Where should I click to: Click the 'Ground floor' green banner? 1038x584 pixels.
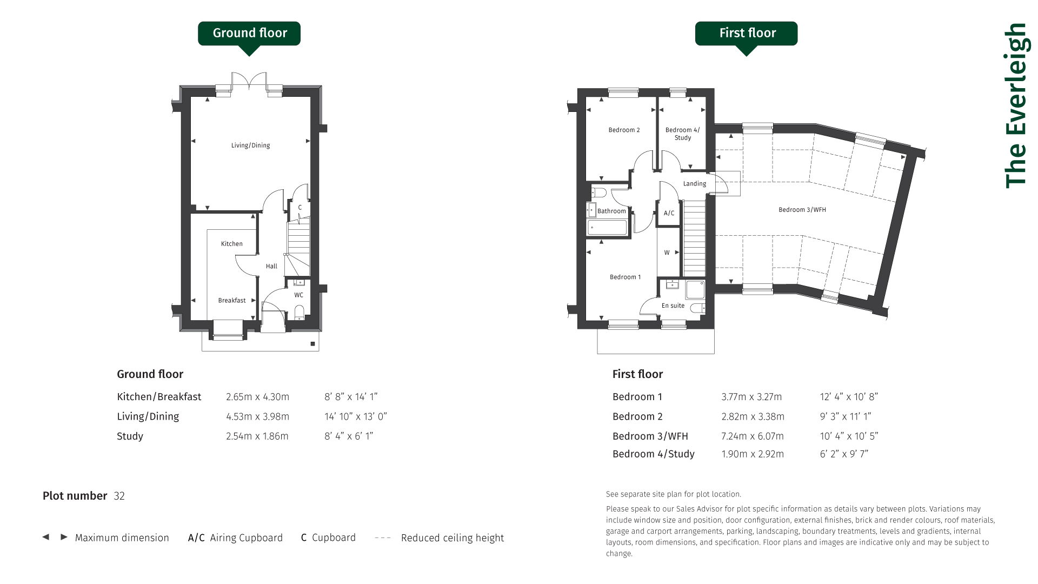tap(249, 34)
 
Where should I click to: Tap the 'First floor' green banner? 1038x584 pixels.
tap(746, 34)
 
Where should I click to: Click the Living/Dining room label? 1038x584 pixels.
tap(250, 145)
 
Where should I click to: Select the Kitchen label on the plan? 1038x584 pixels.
tap(232, 244)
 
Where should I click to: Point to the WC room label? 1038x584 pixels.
tap(298, 295)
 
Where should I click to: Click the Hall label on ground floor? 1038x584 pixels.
tap(271, 266)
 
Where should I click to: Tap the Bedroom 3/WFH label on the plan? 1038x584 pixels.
tap(802, 210)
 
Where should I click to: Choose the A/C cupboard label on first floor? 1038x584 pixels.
tap(669, 213)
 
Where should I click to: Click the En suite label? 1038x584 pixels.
tap(673, 306)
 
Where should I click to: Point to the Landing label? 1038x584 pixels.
tap(695, 184)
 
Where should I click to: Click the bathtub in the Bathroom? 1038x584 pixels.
tap(607, 228)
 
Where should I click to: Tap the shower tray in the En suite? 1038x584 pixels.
tap(695, 290)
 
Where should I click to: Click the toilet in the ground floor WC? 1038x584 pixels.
tap(300, 312)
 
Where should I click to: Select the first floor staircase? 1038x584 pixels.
tap(695, 238)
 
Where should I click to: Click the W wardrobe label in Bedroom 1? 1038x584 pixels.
tap(667, 253)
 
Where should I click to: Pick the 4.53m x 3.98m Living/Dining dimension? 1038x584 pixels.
tap(257, 416)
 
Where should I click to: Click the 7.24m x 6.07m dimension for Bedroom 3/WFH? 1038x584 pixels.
tap(753, 436)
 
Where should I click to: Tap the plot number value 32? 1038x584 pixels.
tap(119, 496)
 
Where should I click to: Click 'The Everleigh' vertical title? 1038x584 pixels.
tap(1015, 105)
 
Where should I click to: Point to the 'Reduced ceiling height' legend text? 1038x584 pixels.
tap(453, 538)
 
